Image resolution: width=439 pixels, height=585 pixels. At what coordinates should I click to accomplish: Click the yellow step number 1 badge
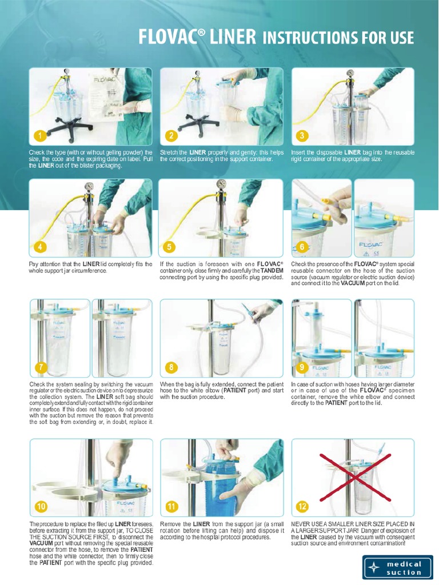[39, 136]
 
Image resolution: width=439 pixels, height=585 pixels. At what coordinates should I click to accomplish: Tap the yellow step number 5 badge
[170, 247]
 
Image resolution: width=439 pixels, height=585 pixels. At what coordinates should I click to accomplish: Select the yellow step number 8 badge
[170, 367]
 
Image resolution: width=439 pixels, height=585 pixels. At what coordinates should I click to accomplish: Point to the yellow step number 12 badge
[302, 506]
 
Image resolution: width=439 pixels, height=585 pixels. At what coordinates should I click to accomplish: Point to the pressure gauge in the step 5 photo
[221, 184]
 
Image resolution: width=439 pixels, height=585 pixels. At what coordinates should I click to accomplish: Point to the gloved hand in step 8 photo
[263, 311]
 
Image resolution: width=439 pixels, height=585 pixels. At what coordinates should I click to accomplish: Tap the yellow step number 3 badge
[302, 136]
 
